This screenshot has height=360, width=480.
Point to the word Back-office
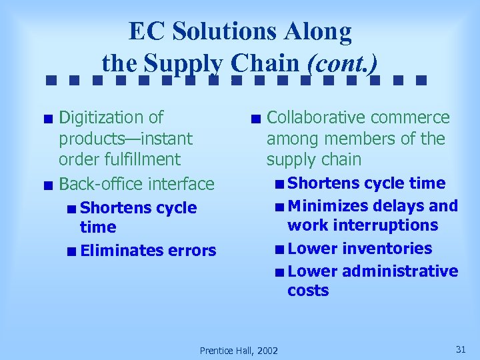point(101,184)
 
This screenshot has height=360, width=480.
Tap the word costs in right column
point(308,291)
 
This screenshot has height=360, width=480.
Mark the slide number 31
point(460,349)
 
